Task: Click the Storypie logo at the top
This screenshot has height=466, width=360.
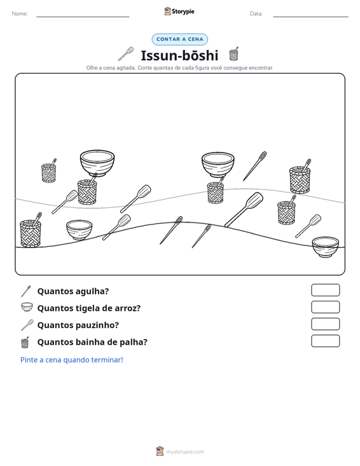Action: [179, 11]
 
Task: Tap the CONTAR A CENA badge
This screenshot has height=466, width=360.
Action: [179, 39]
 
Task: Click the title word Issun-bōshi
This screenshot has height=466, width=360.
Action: [179, 55]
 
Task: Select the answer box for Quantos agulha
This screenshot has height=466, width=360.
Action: [325, 290]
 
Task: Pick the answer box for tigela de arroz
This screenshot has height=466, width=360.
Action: [325, 307]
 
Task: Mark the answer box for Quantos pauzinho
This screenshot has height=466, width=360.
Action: [325, 324]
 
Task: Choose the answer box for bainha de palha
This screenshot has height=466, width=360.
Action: [325, 341]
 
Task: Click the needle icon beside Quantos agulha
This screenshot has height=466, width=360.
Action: [26, 291]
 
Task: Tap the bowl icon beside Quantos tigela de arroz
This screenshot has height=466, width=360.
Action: [27, 307]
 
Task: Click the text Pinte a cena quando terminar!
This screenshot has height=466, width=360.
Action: [72, 360]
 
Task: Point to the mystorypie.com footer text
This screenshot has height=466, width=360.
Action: [184, 452]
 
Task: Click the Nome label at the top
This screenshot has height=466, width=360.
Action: [20, 14]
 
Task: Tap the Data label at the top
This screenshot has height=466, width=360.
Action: [256, 14]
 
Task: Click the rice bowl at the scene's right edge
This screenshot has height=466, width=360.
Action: [325, 247]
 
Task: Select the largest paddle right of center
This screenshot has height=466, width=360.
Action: [244, 210]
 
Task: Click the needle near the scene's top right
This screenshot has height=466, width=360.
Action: [255, 166]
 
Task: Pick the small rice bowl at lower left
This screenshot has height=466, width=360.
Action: [79, 230]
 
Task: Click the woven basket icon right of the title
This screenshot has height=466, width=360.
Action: [233, 54]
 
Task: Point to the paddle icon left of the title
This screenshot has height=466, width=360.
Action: [126, 54]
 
